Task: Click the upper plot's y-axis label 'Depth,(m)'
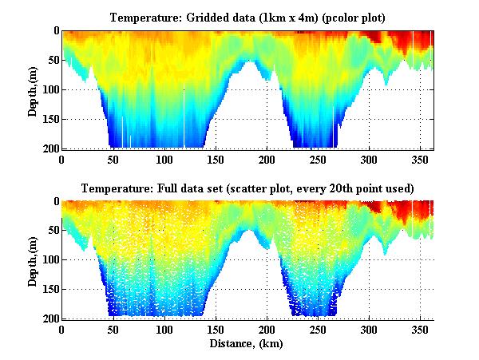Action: coord(33,89)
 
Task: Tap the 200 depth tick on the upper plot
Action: coord(49,149)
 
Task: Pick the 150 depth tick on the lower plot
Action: coord(49,290)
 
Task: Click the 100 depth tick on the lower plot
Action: coord(49,260)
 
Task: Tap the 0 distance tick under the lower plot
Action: coord(62,330)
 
